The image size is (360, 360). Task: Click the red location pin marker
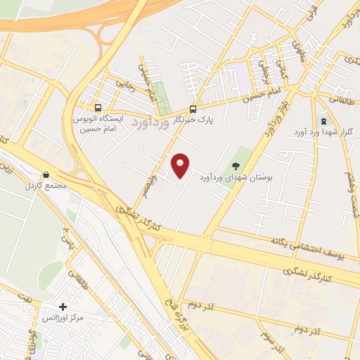pos(181,165)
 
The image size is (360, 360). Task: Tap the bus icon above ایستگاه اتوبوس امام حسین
pos(98,109)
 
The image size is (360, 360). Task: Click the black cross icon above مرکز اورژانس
pos(63,307)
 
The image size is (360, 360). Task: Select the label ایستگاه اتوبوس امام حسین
pos(98,124)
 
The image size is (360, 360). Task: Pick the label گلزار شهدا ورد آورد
pos(330,133)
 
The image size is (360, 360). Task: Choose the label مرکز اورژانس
pos(63,319)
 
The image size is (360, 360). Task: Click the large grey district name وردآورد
pos(149,122)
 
